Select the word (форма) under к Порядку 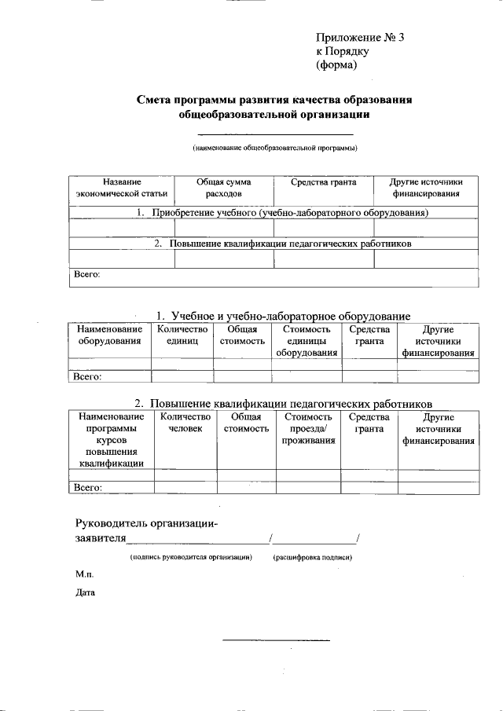pyautogui.click(x=336, y=65)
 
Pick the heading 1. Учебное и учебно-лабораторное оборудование pyautogui.click(x=284, y=316)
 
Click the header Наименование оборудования pyautogui.click(x=109, y=335)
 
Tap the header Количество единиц pyautogui.click(x=182, y=335)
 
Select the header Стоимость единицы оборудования pyautogui.click(x=307, y=341)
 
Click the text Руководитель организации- pyautogui.click(x=146, y=523)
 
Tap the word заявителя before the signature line pyautogui.click(x=100, y=539)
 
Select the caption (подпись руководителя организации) pyautogui.click(x=190, y=557)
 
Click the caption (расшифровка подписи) pyautogui.click(x=312, y=557)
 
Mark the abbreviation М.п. pyautogui.click(x=84, y=576)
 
